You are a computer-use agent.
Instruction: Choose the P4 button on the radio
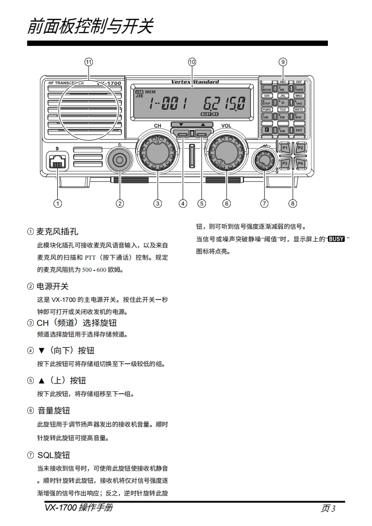[x=301, y=164]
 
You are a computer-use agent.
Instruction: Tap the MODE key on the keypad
[x=267, y=88]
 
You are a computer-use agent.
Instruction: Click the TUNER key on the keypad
[x=299, y=88]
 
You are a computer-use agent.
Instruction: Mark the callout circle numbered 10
[x=191, y=62]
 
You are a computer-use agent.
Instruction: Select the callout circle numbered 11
[x=89, y=62]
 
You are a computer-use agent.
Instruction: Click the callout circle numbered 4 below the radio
[x=183, y=203]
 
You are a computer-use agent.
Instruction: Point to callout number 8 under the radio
[x=293, y=203]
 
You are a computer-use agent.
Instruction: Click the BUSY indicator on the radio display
[x=206, y=113]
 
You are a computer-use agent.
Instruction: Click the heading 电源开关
[x=53, y=286]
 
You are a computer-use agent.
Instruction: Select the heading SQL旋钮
[x=53, y=455]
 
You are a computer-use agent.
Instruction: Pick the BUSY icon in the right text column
[x=337, y=239]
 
